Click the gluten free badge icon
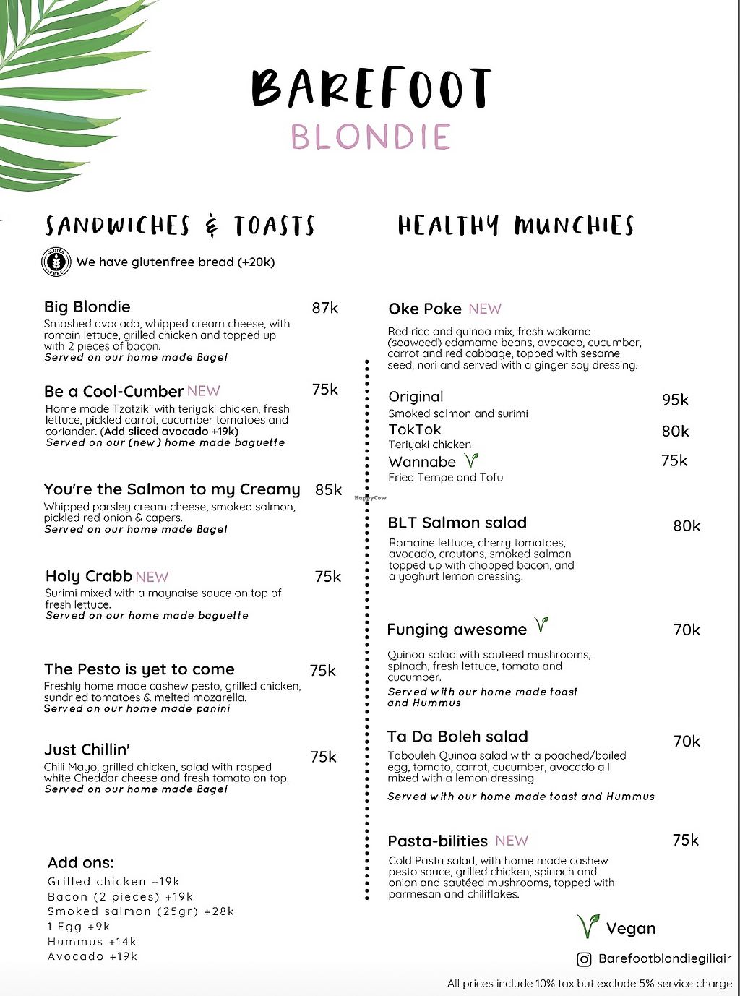(x=56, y=262)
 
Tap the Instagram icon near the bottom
(x=584, y=959)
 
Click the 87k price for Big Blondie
(x=325, y=308)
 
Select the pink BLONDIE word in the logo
(x=371, y=137)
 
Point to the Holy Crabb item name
(x=88, y=576)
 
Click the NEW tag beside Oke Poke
(x=484, y=309)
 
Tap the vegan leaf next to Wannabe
(x=471, y=460)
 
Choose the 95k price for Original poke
(x=675, y=400)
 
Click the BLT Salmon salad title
(x=457, y=523)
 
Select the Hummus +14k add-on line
(x=92, y=942)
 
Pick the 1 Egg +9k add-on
(x=79, y=927)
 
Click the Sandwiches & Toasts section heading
(x=180, y=226)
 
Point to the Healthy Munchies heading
(x=515, y=226)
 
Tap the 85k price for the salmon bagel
(x=328, y=490)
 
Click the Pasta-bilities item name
(x=437, y=841)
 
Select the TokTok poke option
(x=415, y=429)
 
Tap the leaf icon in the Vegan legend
(x=588, y=926)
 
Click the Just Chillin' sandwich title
(x=87, y=750)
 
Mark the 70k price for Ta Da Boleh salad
(x=687, y=741)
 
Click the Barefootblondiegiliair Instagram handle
(x=665, y=959)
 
